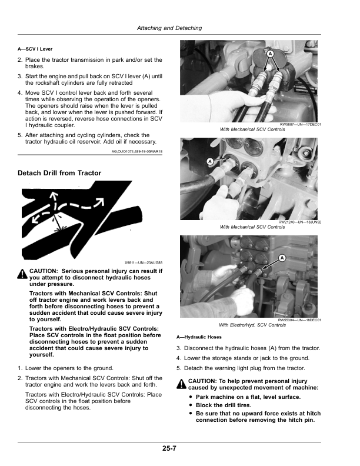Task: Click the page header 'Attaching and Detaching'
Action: pos(169,28)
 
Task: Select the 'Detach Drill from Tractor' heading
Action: pos(59,173)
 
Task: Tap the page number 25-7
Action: pos(169,448)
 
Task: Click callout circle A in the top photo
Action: pos(270,54)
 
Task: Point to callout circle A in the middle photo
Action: pos(211,161)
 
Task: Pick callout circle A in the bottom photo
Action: pos(282,258)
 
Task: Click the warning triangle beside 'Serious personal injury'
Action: pos(22,274)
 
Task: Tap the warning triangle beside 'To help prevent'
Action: pos(181,384)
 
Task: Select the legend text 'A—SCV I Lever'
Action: pos(35,49)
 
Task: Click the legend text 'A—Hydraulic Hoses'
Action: pos(199,337)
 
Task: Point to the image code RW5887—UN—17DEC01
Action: pos(301,125)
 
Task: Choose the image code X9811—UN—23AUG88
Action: pos(144,263)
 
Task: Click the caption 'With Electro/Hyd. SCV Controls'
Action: pos(252,325)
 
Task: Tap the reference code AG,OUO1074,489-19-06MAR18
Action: pos(137,152)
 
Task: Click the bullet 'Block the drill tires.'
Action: pos(224,405)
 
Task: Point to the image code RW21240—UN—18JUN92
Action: pos(299,222)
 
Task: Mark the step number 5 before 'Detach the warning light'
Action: pos(178,368)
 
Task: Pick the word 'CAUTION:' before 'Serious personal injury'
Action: pos(43,271)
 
